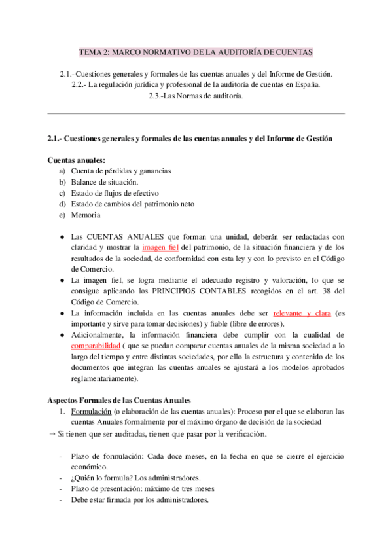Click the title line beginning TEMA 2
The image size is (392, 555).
point(196,52)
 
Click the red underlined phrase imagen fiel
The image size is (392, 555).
point(160,248)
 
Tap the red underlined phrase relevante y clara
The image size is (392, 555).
point(302,313)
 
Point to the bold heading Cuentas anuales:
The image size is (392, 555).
point(77,160)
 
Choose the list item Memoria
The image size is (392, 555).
point(86,215)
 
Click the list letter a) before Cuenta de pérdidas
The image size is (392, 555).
point(63,171)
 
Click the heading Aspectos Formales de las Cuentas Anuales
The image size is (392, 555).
point(119,400)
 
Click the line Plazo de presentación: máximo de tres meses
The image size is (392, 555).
point(143,488)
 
